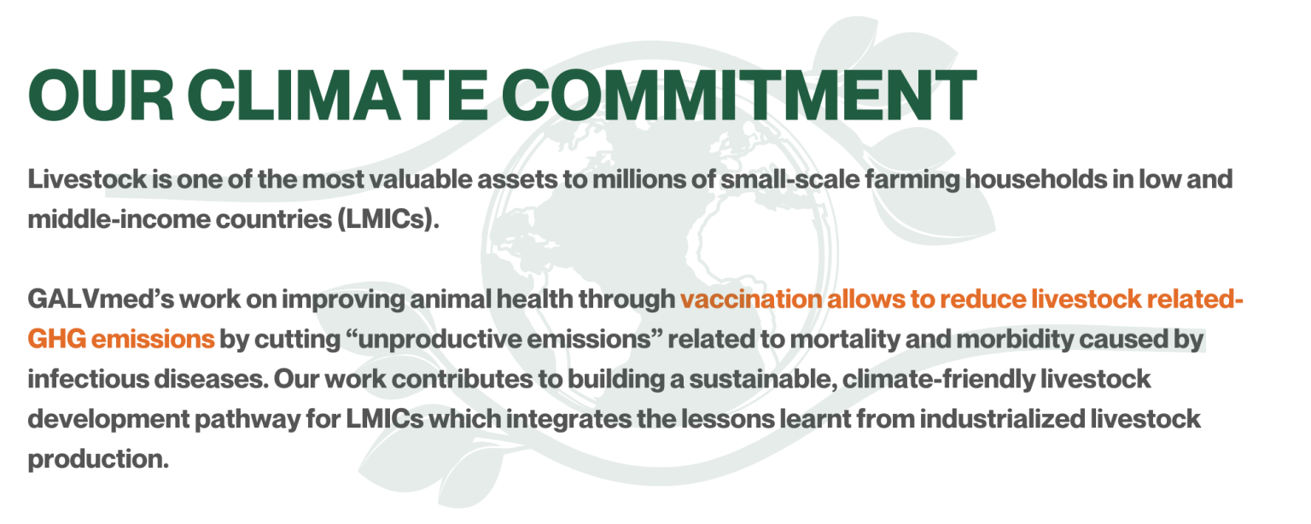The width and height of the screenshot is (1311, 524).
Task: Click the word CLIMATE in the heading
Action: [337, 95]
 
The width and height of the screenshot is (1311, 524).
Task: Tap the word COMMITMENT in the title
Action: [738, 95]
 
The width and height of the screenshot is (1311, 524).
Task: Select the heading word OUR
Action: [101, 95]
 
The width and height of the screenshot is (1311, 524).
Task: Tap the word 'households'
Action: [1036, 179]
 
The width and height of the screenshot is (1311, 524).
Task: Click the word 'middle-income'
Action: [119, 219]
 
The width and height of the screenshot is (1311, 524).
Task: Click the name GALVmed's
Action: [101, 300]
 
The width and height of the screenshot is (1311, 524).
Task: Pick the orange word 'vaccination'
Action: [751, 300]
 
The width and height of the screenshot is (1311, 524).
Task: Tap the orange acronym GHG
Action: [57, 339]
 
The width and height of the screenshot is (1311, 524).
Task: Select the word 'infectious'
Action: [88, 379]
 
